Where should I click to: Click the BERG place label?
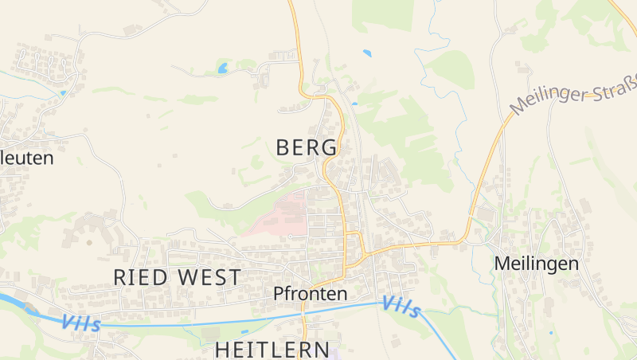pyautogui.click(x=307, y=147)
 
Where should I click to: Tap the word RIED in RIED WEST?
pyautogui.click(x=141, y=277)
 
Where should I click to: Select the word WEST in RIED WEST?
pyautogui.click(x=209, y=277)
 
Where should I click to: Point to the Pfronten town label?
pyautogui.click(x=310, y=293)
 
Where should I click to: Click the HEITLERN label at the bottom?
pyautogui.click(x=272, y=349)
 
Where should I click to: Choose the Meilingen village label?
pyautogui.click(x=536, y=263)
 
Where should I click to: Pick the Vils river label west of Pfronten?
pyautogui.click(x=80, y=323)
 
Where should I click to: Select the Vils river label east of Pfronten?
pyautogui.click(x=401, y=307)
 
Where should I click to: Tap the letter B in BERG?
pyautogui.click(x=283, y=147)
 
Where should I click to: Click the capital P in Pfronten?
pyautogui.click(x=278, y=293)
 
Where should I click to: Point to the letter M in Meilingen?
pyautogui.click(x=502, y=263)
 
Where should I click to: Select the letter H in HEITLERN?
pyautogui.click(x=222, y=349)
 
